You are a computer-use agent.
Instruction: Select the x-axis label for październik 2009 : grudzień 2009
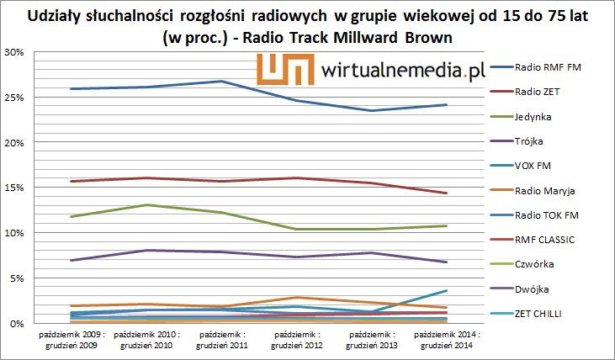coord(72,340)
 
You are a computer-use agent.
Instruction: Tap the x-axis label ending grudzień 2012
coord(297,340)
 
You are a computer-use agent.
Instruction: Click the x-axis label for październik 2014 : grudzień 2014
coord(446,340)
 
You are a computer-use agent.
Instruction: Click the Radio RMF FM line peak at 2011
coord(221,81)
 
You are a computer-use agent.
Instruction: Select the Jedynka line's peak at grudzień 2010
coord(146,204)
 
